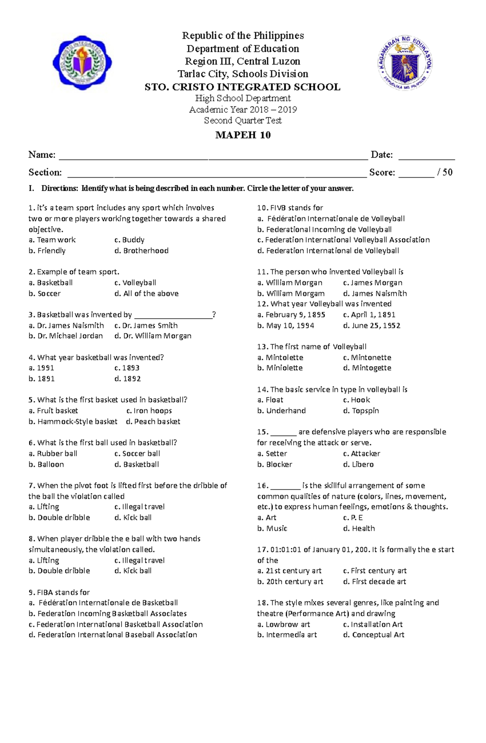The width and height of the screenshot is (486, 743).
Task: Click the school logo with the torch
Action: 82,62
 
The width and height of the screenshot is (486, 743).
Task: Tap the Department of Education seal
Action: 405,63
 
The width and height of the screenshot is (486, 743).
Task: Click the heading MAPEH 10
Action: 243,135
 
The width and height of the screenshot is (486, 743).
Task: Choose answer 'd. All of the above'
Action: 146,294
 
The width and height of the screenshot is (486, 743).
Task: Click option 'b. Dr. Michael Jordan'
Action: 66,336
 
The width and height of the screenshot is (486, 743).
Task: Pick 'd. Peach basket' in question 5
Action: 153,422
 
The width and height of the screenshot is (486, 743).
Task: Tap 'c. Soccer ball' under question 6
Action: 137,453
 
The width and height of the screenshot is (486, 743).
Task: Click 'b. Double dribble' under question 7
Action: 59,517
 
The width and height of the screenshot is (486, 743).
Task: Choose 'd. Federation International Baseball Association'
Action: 113,635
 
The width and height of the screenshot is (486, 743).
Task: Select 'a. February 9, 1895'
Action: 291,315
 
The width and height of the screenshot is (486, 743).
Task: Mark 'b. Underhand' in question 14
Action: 281,411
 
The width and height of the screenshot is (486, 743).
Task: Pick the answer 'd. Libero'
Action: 358,464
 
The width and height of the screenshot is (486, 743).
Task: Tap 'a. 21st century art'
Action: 289,571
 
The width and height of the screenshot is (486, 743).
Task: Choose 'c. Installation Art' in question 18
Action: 373,624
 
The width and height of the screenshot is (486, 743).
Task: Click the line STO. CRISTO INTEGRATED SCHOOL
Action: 243,87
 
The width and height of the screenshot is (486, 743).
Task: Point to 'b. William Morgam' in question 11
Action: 291,294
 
